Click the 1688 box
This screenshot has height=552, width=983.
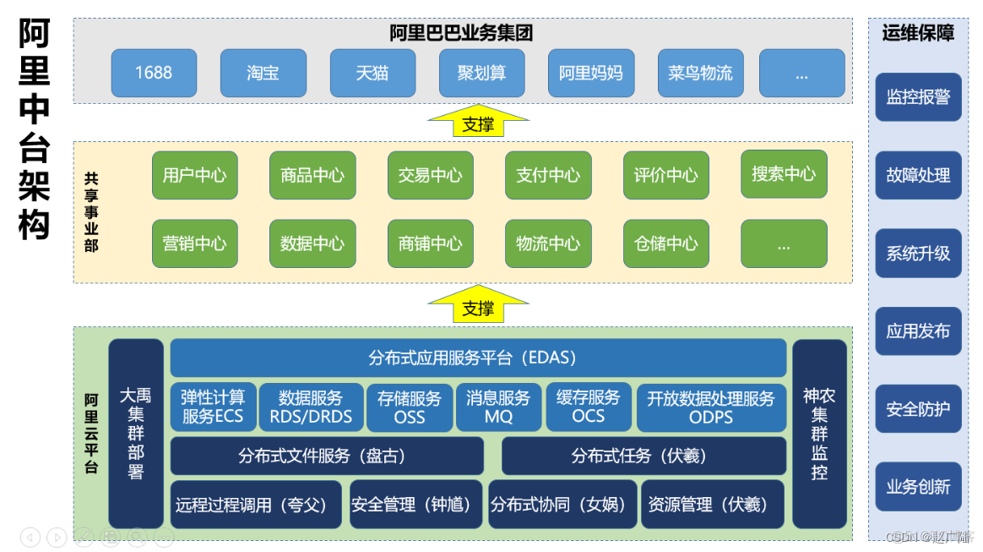tap(154, 73)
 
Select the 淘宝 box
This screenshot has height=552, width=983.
tap(263, 73)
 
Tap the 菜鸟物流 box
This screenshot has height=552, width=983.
tap(700, 73)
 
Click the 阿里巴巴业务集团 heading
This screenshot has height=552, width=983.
tap(461, 33)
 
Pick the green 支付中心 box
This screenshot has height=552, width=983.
tap(548, 175)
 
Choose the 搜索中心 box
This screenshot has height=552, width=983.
tap(784, 174)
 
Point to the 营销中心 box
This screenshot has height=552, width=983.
tap(195, 243)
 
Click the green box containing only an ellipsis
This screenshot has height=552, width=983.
tap(784, 243)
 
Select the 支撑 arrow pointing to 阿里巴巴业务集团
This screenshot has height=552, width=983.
tap(478, 122)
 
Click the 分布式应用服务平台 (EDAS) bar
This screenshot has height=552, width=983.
tap(478, 358)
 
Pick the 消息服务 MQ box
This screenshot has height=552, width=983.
tap(498, 407)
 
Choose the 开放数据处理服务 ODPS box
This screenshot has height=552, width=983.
tap(711, 407)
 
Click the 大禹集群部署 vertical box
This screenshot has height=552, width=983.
tap(136, 433)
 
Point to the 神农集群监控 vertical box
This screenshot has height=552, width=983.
tap(819, 433)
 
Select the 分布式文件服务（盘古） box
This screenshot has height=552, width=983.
tap(327, 456)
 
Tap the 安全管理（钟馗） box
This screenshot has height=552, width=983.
tap(415, 505)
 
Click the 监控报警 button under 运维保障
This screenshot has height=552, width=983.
tap(918, 97)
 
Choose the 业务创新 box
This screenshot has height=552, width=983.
tap(918, 487)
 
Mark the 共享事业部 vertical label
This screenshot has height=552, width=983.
tap(91, 211)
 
